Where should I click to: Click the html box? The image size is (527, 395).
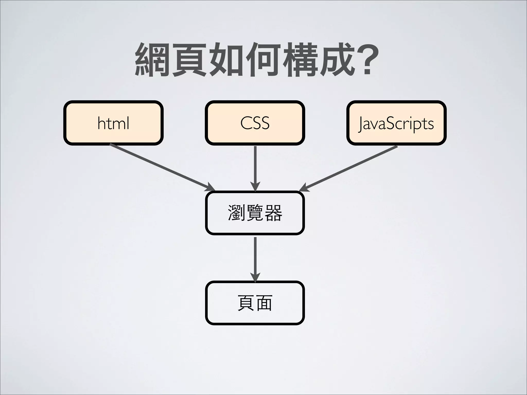113,123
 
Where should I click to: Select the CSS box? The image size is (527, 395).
255,123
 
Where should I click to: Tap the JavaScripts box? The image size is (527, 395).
396,123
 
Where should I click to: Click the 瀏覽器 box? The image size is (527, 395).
255,213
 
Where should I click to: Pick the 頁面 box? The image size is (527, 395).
255,303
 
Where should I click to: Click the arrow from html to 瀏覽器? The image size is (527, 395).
162,167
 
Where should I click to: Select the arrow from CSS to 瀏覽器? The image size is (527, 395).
255,167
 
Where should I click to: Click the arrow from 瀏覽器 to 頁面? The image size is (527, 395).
255,258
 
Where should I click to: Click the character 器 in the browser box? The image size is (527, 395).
273,213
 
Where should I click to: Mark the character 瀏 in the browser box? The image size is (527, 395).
236,213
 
